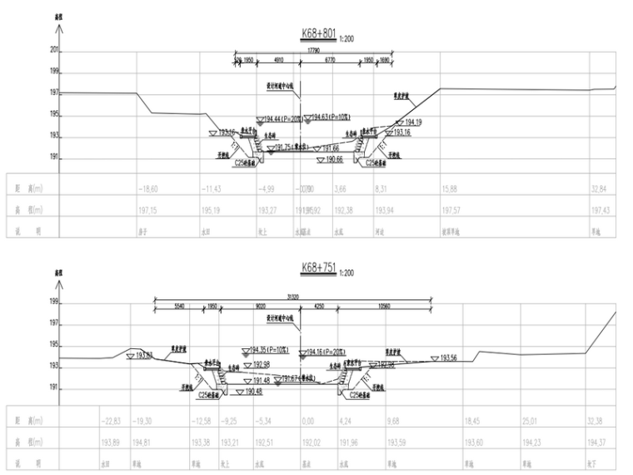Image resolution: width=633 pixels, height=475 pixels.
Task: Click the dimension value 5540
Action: [180, 306]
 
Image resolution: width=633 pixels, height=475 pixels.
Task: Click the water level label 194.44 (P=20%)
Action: [282, 119]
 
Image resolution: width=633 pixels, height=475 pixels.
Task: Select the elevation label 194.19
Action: [414, 122]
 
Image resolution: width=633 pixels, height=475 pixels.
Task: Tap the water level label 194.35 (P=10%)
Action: [270, 350]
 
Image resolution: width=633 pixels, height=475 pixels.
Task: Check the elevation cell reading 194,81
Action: [147, 442]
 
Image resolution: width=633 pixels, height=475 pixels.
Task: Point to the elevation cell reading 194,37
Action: [599, 442]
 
